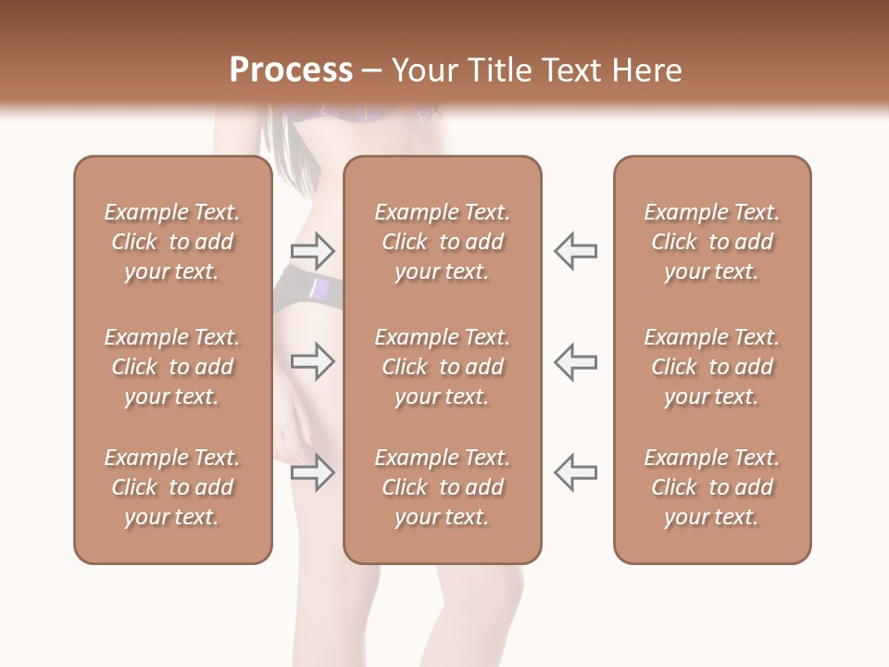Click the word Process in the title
(291, 70)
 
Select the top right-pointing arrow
(312, 250)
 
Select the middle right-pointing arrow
(312, 361)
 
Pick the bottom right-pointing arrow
(312, 472)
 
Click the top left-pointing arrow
(575, 250)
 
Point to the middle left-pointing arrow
(575, 361)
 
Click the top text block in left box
(172, 242)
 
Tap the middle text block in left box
(172, 367)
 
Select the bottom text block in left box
(172, 487)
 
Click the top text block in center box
(442, 242)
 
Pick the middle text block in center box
(442, 367)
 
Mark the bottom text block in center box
(442, 487)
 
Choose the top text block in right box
(711, 242)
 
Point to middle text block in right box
(711, 367)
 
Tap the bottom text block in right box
(711, 487)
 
